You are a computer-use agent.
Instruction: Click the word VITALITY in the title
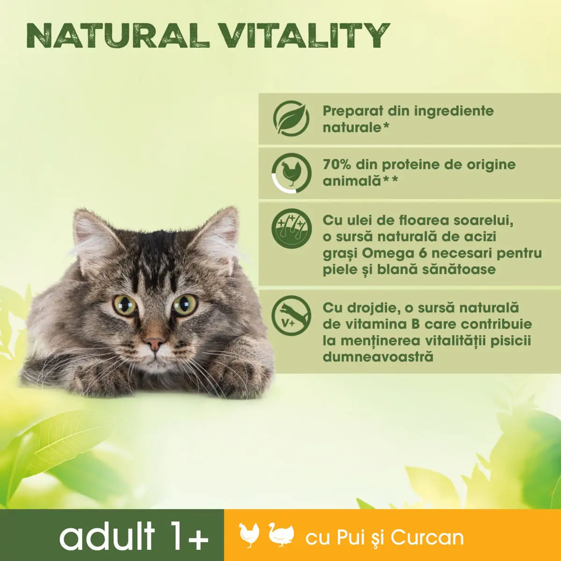[304, 35]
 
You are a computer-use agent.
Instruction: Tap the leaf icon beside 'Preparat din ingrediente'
[291, 118]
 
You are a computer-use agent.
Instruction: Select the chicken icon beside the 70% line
[291, 173]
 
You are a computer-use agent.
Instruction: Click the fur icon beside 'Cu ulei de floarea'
[291, 228]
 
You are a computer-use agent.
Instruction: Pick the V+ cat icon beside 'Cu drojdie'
[291, 316]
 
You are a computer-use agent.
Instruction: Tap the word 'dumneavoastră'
[378, 357]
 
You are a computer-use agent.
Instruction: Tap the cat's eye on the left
[125, 305]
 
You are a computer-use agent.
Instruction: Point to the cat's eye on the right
[185, 304]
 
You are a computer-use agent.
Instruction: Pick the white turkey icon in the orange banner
[282, 535]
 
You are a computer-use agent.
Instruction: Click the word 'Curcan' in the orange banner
[427, 538]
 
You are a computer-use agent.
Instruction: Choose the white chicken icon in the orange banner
[249, 535]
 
